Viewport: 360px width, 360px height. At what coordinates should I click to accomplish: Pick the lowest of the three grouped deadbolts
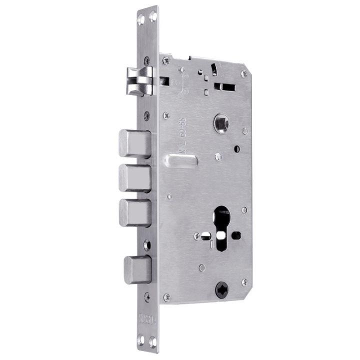pos(134,212)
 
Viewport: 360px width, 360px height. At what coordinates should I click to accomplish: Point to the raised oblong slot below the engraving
pos(180,161)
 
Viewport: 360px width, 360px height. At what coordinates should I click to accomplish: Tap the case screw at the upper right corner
pos(243,74)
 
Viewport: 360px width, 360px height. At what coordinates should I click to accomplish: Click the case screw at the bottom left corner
pos(167,297)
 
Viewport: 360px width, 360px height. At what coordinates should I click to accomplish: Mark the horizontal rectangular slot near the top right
pos(224,86)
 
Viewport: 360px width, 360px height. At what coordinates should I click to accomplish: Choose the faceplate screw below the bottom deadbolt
pos(147,296)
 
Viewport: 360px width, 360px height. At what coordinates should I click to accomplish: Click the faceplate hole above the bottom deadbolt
pos(146,245)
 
